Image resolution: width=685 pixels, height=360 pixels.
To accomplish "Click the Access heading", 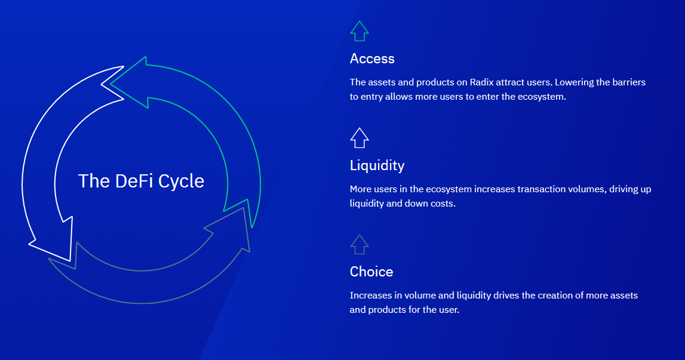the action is pos(372,59).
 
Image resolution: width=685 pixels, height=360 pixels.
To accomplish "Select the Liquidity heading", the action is pos(377,165).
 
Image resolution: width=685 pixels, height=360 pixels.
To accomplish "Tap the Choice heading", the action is pos(371,272).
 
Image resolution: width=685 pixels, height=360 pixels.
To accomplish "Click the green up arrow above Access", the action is pos(360,31).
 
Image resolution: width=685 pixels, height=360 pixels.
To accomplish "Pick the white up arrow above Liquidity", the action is pos(360,138).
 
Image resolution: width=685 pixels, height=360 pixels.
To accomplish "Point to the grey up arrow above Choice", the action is pos(360,244).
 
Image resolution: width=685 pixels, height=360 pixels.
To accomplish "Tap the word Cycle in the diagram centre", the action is pos(182,181).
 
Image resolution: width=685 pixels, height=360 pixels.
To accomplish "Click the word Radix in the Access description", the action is pos(481,82).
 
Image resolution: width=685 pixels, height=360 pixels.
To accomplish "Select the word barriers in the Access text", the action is pos(629,82).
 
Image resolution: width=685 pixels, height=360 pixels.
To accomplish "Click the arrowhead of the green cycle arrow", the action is pos(130,82).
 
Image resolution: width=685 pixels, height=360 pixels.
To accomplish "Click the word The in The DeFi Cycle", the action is pos(94,181).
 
